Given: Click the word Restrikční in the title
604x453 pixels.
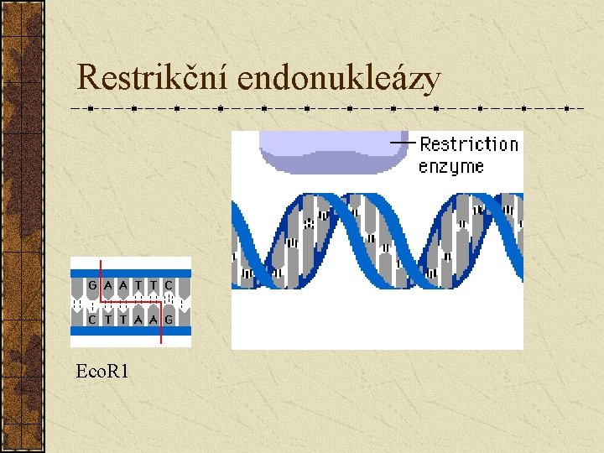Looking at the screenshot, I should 154,78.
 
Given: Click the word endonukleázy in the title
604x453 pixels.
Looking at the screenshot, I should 339,78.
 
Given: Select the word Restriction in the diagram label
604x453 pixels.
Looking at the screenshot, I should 469,144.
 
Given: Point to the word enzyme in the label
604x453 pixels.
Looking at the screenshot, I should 451,166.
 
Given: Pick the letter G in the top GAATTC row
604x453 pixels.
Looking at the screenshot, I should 92,285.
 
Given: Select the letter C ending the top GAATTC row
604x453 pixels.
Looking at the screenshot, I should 169,285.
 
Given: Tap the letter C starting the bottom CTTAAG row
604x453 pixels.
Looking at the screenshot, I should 92,320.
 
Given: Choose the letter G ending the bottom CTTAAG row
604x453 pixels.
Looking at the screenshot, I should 169,320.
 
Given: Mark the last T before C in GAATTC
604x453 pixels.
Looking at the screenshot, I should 154,285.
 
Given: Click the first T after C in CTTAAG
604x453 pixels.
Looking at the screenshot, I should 108,320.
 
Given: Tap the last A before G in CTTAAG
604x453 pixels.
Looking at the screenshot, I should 154,320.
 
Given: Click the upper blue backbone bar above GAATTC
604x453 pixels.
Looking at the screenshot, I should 131,270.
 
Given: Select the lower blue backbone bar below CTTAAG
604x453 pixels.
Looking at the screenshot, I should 131,334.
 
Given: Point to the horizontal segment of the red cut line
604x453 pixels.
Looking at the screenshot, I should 131,301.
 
